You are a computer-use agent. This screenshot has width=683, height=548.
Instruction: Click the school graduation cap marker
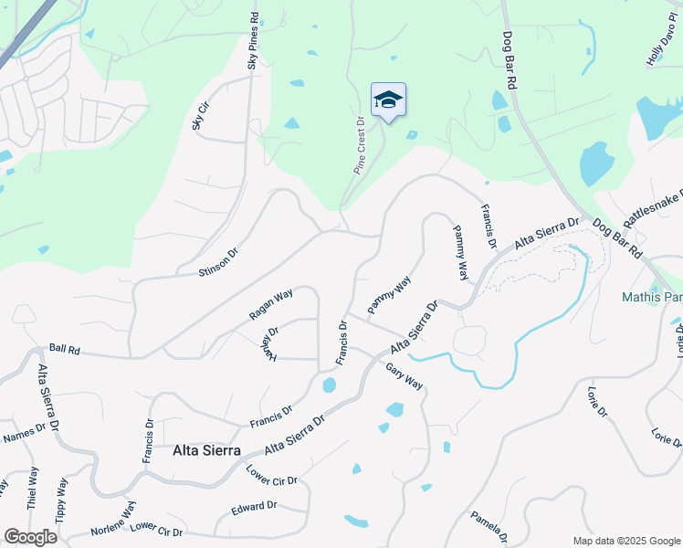coord(388,100)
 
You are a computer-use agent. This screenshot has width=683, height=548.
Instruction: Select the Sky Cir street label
coord(197,117)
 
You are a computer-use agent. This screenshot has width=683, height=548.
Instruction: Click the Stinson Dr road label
coord(217,261)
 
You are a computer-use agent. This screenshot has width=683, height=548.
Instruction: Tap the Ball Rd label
coord(65,348)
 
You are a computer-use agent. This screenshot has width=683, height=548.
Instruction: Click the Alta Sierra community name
coord(206,450)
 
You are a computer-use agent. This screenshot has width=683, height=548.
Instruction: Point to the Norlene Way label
coord(113,518)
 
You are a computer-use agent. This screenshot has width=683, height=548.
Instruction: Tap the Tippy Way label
coord(61,499)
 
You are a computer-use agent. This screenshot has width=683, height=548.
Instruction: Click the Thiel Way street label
coord(33,489)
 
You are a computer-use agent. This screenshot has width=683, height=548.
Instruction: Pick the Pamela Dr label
coord(489,528)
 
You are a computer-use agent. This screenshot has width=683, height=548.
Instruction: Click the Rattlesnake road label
coord(652,209)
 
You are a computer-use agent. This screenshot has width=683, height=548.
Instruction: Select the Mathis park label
coord(652,297)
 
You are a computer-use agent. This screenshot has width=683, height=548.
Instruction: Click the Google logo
coord(29,536)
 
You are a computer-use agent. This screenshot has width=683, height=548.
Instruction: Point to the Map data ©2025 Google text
coord(626,541)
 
